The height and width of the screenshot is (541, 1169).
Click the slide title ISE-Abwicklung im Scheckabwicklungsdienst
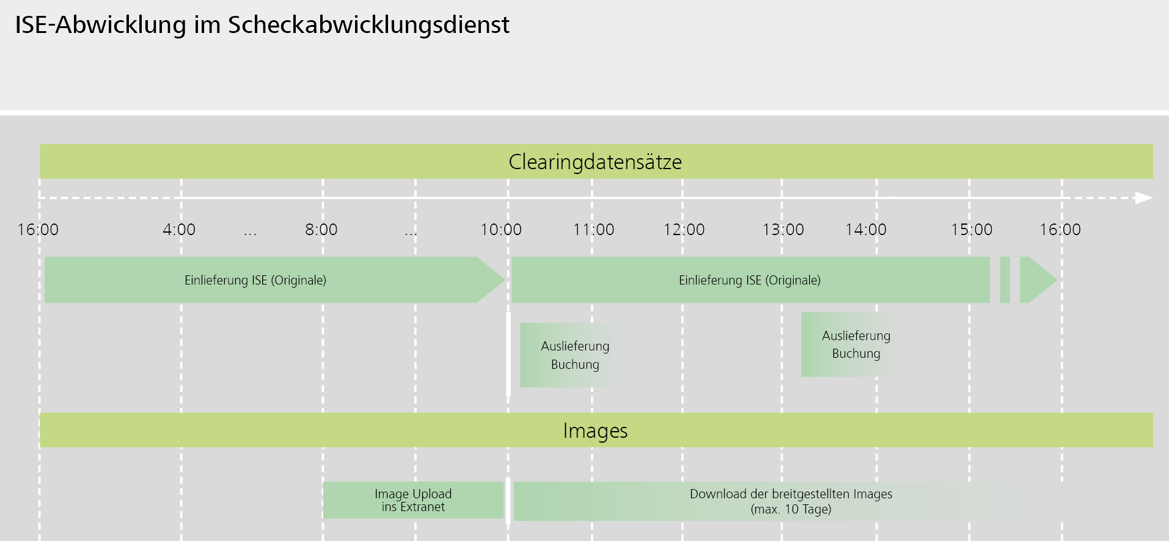click(262, 25)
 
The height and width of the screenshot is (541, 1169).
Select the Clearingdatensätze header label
click(595, 162)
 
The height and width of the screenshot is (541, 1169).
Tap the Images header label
click(595, 430)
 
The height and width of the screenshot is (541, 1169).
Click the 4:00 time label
click(179, 230)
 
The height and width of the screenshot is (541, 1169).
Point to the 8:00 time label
click(321, 230)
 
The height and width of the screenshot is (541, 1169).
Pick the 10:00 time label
click(501, 230)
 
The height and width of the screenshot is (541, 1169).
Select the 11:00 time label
click(593, 230)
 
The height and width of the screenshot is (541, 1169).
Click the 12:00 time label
click(684, 230)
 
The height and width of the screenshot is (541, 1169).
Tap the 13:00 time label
click(783, 230)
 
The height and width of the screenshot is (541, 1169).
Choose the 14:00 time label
click(866, 230)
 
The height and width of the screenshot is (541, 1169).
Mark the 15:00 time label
click(972, 230)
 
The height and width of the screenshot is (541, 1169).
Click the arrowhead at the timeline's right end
click(1143, 198)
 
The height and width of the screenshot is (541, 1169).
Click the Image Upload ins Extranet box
click(413, 500)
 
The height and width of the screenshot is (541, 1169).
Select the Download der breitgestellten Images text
click(791, 494)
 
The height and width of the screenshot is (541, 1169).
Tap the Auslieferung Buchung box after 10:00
click(574, 355)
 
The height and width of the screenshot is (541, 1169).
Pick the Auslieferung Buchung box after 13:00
click(856, 344)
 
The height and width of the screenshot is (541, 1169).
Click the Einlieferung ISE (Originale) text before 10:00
click(255, 280)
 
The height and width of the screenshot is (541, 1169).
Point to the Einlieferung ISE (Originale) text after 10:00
click(749, 280)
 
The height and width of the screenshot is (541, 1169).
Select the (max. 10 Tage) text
click(791, 509)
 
